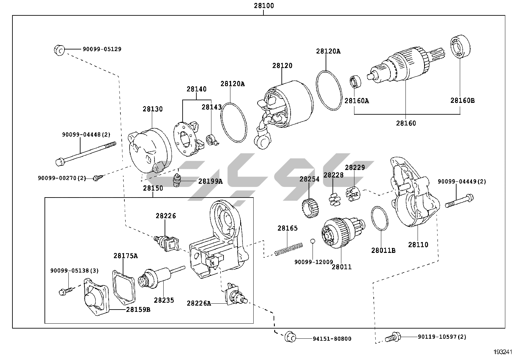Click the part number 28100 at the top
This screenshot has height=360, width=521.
(x=263, y=6)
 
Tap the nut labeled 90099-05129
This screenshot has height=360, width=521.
(x=59, y=50)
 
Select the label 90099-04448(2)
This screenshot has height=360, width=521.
(x=86, y=135)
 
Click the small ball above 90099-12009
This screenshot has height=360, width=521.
(x=313, y=241)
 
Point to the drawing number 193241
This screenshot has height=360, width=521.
(x=503, y=352)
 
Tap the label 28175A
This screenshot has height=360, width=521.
(x=125, y=256)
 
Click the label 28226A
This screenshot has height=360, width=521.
(x=199, y=303)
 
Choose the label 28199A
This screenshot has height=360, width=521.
(x=210, y=181)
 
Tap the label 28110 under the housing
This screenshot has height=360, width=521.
(x=418, y=244)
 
